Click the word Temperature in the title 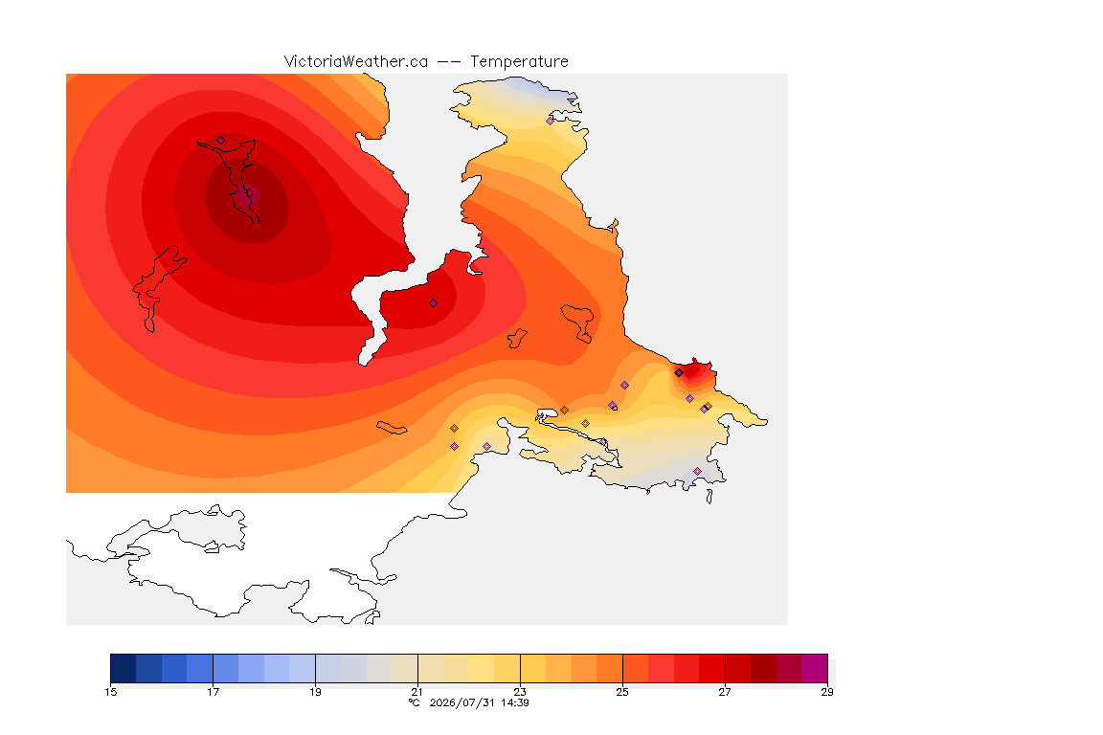click(519, 62)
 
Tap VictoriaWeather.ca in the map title click(356, 62)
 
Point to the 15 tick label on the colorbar click(110, 692)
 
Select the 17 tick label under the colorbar click(214, 692)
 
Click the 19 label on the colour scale click(315, 692)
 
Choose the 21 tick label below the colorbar click(417, 692)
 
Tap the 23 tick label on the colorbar click(520, 692)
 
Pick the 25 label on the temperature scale click(622, 692)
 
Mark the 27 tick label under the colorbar click(725, 692)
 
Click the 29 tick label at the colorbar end click(827, 692)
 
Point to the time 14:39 click(515, 702)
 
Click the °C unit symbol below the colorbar click(415, 702)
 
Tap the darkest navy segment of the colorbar click(124, 668)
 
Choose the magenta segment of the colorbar click(815, 668)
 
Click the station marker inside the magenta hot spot click(249, 193)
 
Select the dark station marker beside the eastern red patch click(679, 373)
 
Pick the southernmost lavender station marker click(697, 471)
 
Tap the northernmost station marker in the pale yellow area click(551, 121)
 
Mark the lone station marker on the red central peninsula click(434, 303)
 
